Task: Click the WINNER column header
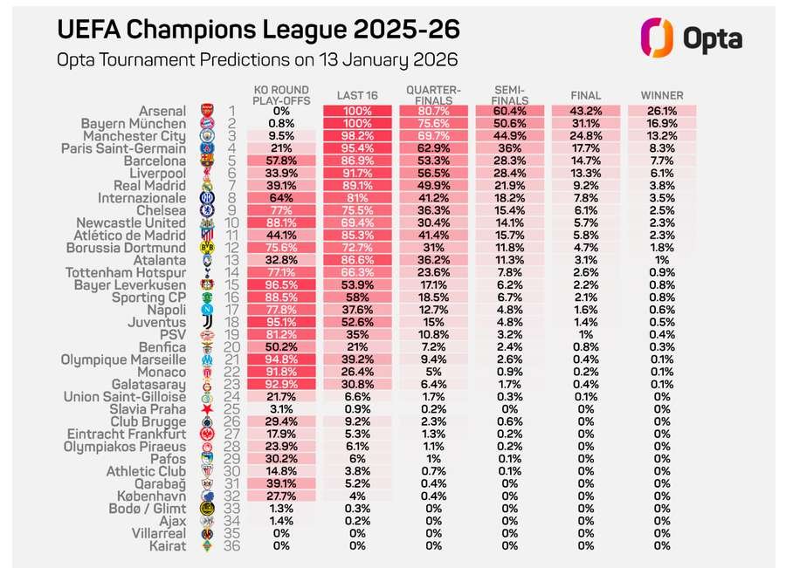pyautogui.click(x=662, y=95)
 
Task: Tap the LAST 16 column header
pyautogui.click(x=357, y=95)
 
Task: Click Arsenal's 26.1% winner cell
pyautogui.click(x=662, y=111)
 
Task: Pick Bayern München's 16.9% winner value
pyautogui.click(x=662, y=124)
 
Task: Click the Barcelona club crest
pyautogui.click(x=207, y=161)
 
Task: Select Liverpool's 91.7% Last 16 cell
pyautogui.click(x=357, y=174)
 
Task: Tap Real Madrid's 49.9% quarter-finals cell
pyautogui.click(x=434, y=186)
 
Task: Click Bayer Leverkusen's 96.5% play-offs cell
pyautogui.click(x=281, y=285)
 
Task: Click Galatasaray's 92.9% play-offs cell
pyautogui.click(x=281, y=384)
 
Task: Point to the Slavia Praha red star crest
pyautogui.click(x=207, y=409)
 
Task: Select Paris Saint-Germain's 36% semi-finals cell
pyautogui.click(x=509, y=148)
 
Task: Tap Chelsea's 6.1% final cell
pyautogui.click(x=585, y=211)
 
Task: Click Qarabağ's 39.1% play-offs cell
pyautogui.click(x=281, y=483)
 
